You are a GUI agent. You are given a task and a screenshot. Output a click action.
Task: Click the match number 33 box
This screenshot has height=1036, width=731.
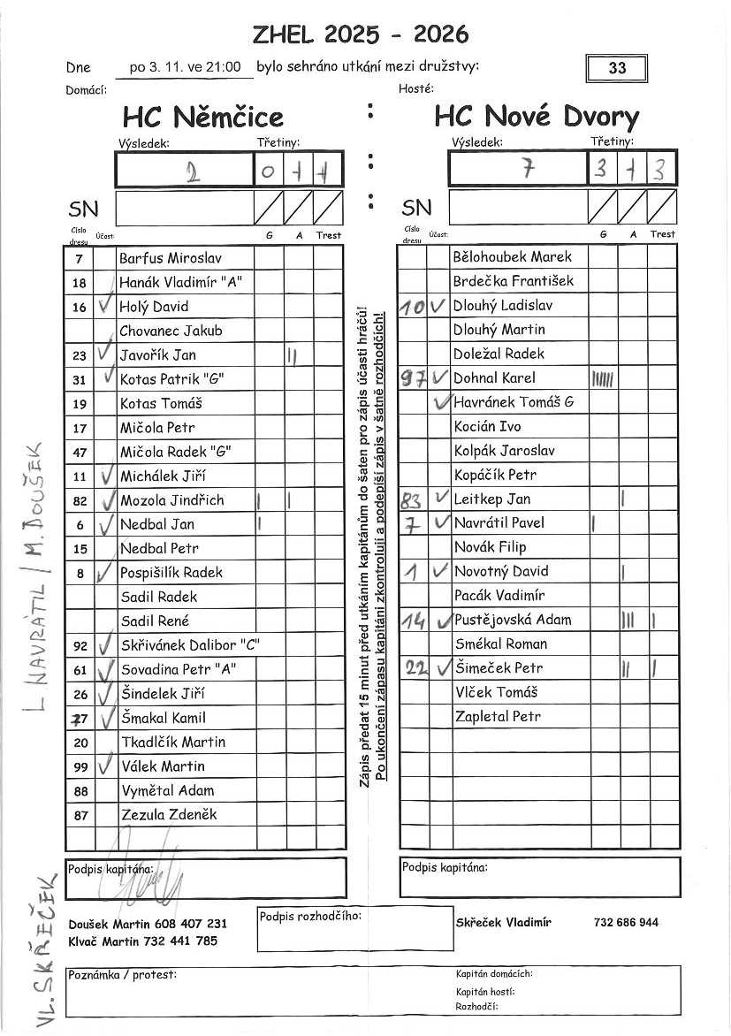point(616,68)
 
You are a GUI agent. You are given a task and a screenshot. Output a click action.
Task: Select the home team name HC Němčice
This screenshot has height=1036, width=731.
point(203,117)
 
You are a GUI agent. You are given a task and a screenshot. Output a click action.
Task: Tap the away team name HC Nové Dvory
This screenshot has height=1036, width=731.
point(537,117)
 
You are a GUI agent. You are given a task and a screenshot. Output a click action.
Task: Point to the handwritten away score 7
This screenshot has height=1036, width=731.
point(528,169)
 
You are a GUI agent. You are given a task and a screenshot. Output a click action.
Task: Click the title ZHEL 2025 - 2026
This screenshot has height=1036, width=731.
point(361,34)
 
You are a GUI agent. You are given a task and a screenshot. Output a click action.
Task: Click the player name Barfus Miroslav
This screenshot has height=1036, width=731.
point(171,259)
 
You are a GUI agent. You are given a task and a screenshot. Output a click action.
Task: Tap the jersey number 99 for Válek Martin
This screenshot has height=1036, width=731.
point(80,766)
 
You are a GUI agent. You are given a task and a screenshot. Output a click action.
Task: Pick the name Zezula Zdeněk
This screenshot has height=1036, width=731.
point(169,814)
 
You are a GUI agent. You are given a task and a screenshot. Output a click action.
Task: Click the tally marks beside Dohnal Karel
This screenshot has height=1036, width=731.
point(602,379)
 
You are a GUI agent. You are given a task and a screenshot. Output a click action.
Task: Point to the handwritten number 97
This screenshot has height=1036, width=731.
point(413,378)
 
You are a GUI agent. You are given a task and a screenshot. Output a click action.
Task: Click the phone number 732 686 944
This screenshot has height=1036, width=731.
point(626,922)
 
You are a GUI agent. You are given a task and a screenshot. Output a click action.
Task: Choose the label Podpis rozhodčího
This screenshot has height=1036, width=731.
point(309,916)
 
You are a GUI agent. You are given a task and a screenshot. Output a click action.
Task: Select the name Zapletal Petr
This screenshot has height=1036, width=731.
point(497,716)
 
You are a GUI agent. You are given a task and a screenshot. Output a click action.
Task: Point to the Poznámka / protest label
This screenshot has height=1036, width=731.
point(122,974)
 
